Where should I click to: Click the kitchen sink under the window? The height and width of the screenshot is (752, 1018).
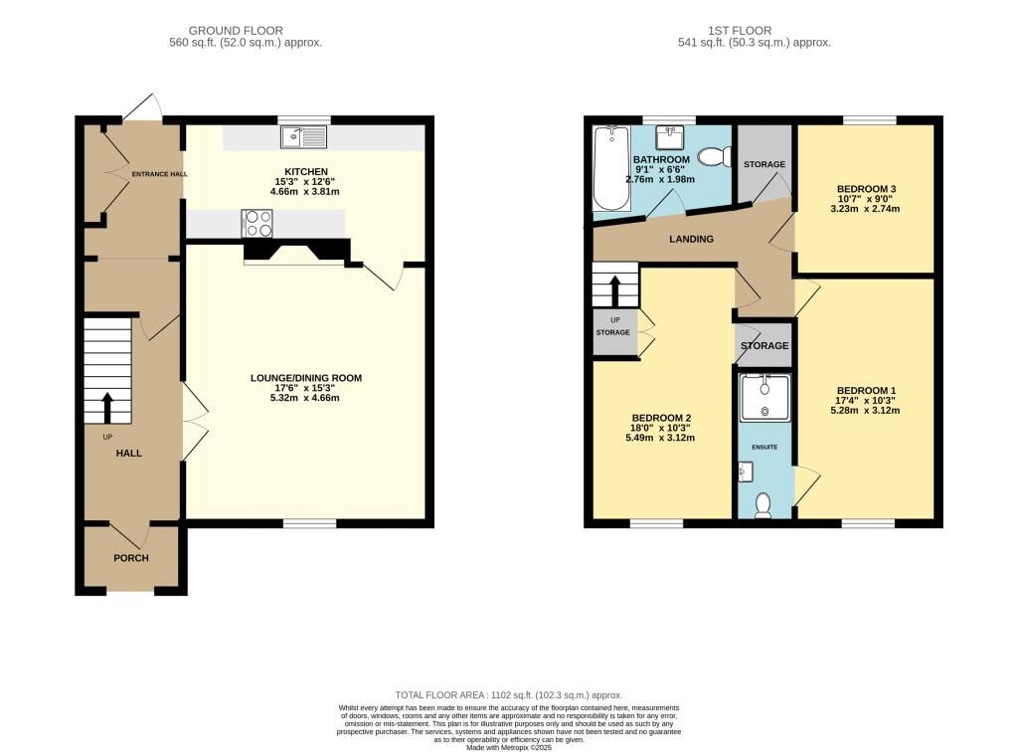coord(304,137)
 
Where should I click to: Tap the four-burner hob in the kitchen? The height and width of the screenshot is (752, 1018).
coord(256,224)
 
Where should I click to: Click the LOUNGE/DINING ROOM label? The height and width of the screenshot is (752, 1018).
coord(305,378)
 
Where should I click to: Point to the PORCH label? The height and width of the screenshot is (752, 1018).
coord(130,558)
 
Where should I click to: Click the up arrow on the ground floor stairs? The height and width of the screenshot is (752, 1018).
coord(106,409)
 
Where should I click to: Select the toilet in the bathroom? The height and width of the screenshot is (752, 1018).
coord(711,157)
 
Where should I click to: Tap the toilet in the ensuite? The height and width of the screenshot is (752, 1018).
coord(763,506)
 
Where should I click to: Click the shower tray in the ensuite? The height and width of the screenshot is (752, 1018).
coord(764,397)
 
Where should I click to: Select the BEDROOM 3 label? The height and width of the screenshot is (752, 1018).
coord(866,189)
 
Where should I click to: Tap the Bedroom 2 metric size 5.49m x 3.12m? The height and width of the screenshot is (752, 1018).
coord(660,439)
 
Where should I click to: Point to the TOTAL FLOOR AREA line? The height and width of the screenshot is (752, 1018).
coord(508,695)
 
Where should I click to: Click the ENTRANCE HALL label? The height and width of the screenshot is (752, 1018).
coord(159,174)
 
